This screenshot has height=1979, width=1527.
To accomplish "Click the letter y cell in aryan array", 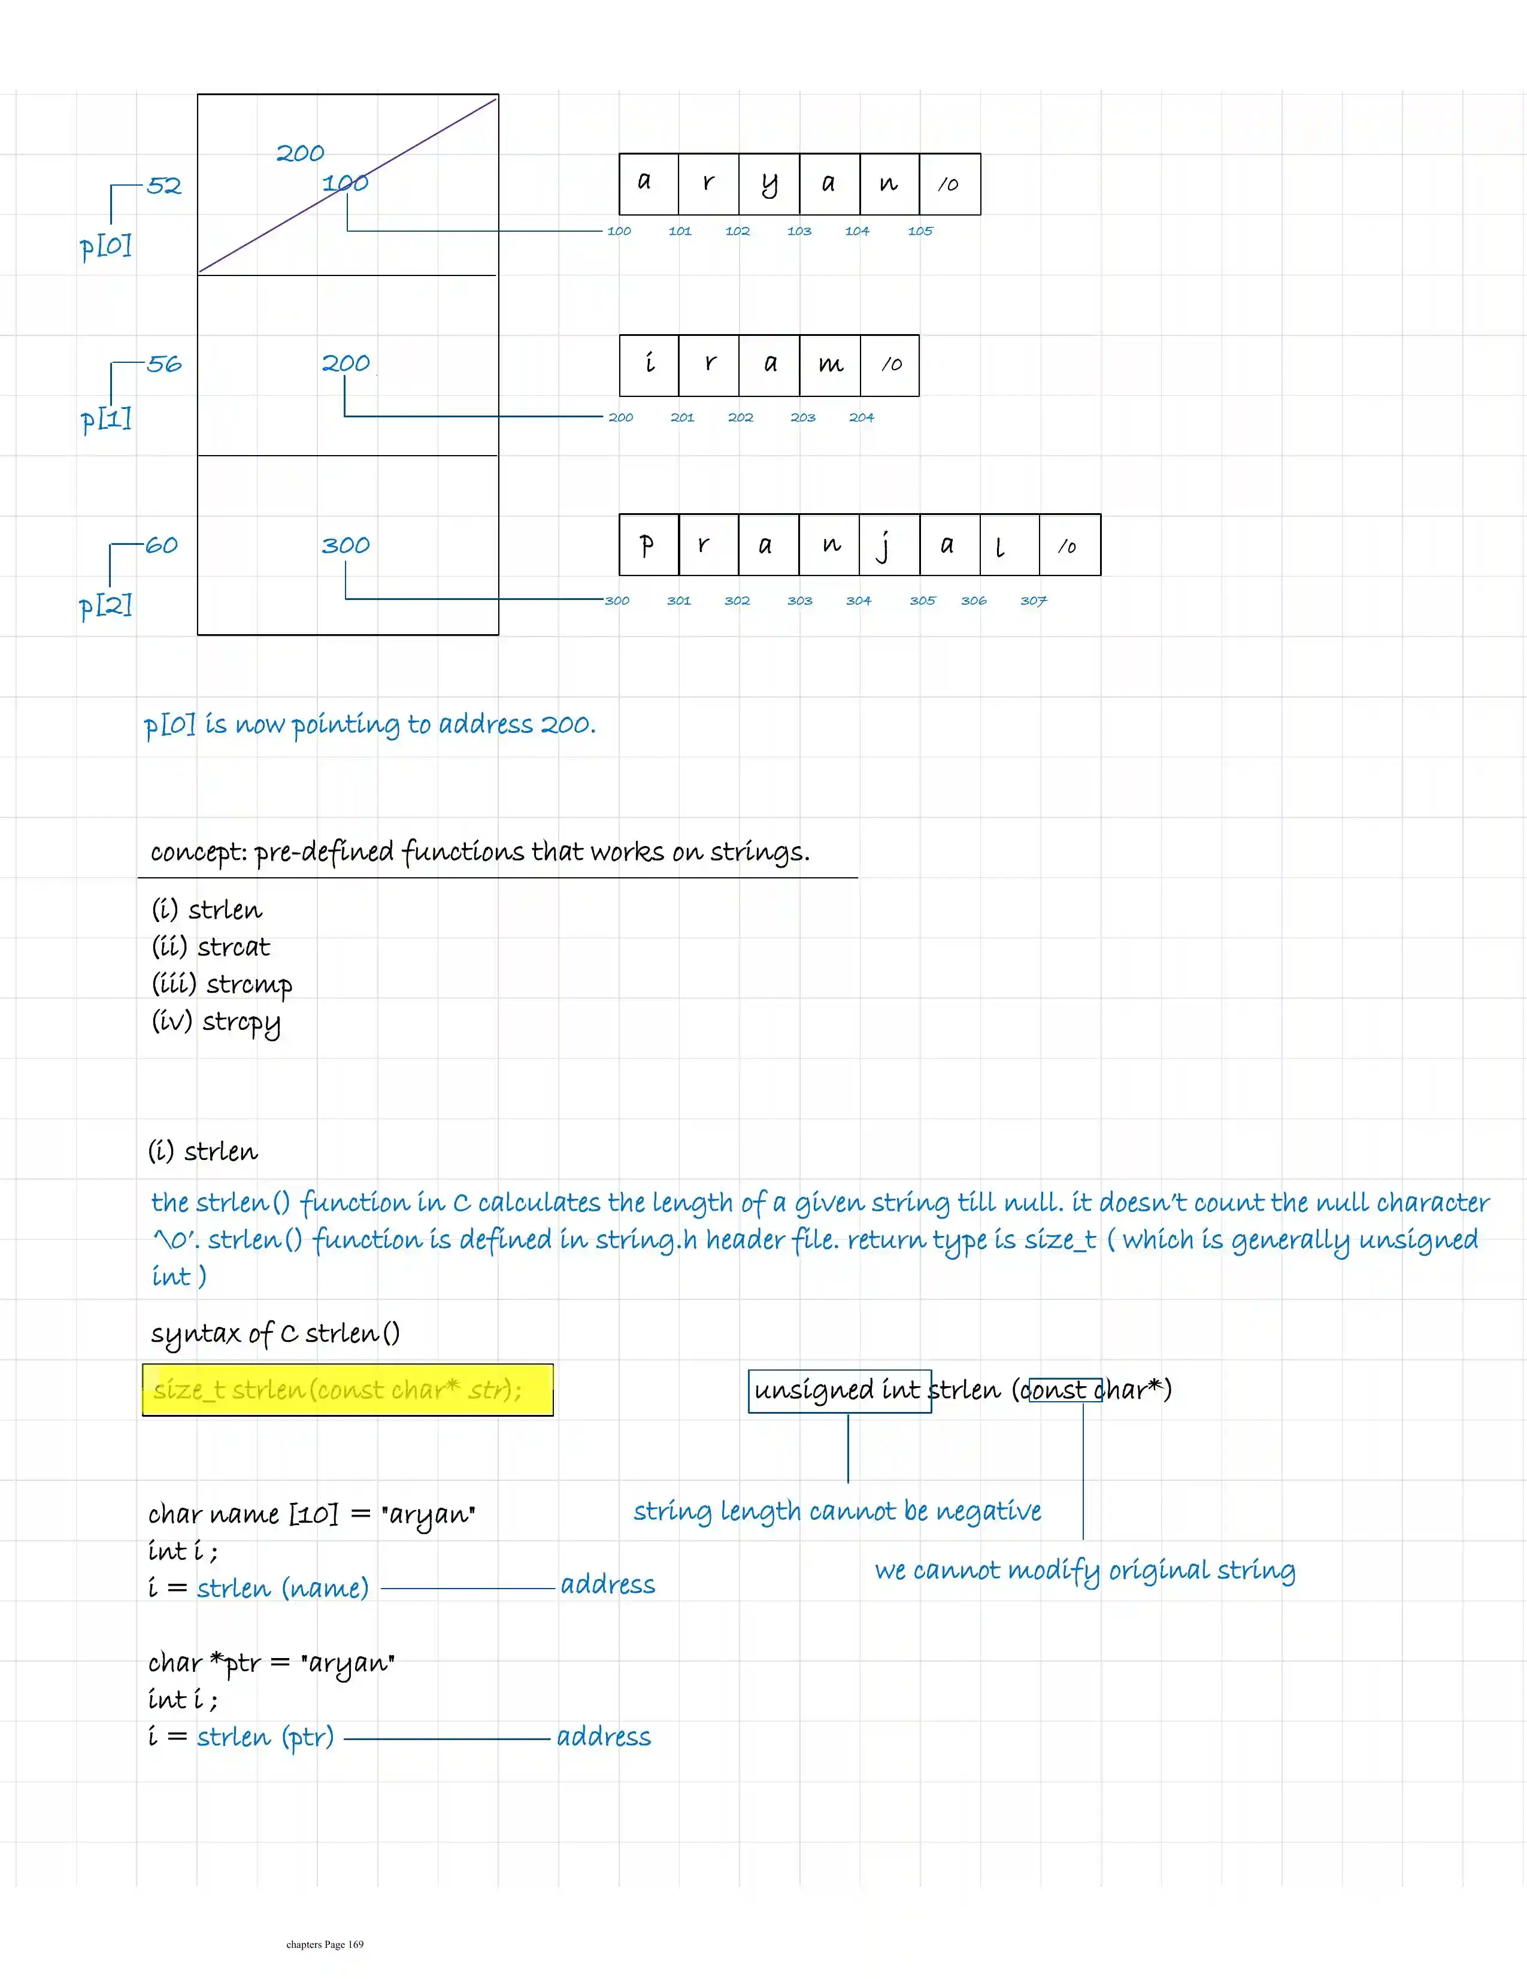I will point(768,184).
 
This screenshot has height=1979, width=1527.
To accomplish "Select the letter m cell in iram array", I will point(830,365).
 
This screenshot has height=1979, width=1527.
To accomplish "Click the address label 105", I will point(920,231).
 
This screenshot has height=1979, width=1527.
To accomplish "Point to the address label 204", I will point(861,418).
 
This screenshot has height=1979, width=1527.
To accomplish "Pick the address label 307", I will point(1033,601).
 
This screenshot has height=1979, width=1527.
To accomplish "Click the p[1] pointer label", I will point(106,420).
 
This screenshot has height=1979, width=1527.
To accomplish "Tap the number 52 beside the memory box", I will point(164,186).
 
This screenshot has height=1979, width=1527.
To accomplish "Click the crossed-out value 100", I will point(346,183).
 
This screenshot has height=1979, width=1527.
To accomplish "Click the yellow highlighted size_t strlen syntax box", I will point(347,1390).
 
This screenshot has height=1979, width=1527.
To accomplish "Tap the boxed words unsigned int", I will point(838,1390).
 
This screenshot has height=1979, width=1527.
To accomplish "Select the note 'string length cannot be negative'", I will point(837,1511).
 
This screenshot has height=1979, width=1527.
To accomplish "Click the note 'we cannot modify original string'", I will point(1084,1571).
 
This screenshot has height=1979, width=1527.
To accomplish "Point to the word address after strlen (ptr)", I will point(604,1737).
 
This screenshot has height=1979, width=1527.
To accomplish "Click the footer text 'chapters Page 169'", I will point(325,1944).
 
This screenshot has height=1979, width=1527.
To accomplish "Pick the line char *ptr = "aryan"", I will point(271,1663).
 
